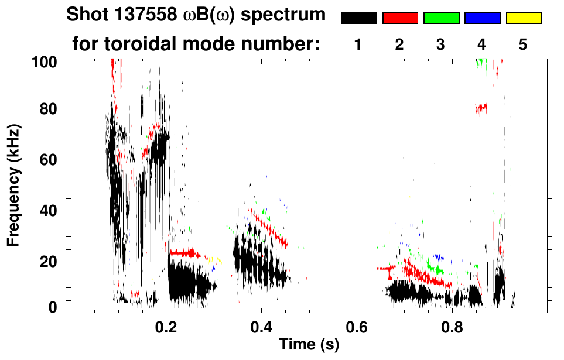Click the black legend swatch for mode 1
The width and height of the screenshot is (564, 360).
pos(358,18)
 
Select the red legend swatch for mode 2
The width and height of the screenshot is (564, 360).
pos(400,18)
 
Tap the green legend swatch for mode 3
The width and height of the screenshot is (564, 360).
pos(441,18)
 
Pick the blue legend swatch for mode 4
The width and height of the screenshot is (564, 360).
pos(482,18)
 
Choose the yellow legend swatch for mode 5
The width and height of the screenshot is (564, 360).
pos(524,18)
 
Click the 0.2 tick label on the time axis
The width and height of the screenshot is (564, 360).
pos(166,329)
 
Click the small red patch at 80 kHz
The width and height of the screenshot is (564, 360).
pos(481,108)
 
